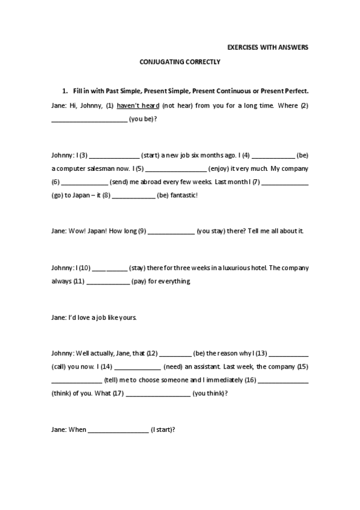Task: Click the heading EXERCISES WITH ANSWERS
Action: pos(267,47)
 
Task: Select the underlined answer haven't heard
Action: pos(138,105)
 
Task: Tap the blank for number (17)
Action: pos(159,394)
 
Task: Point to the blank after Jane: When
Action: pos(118,429)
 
